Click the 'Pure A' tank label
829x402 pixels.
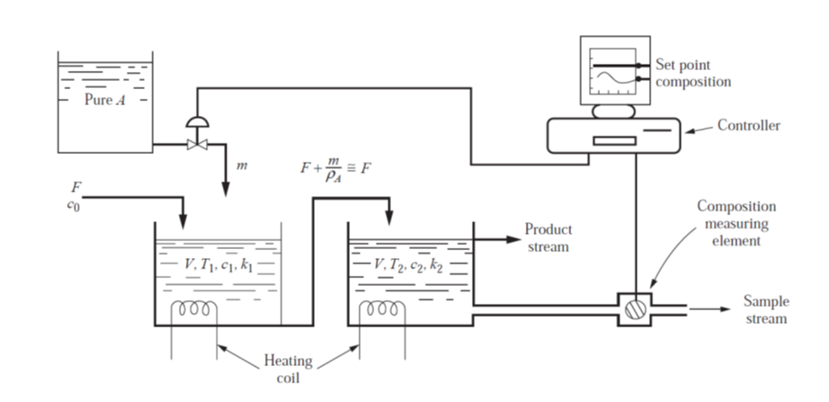click(104, 101)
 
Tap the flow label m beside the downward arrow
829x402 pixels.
click(239, 165)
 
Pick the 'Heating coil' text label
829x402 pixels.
click(288, 370)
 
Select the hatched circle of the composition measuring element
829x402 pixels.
click(637, 308)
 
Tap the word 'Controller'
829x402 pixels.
click(748, 126)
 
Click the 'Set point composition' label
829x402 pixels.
click(693, 73)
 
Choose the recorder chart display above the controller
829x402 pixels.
click(614, 74)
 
